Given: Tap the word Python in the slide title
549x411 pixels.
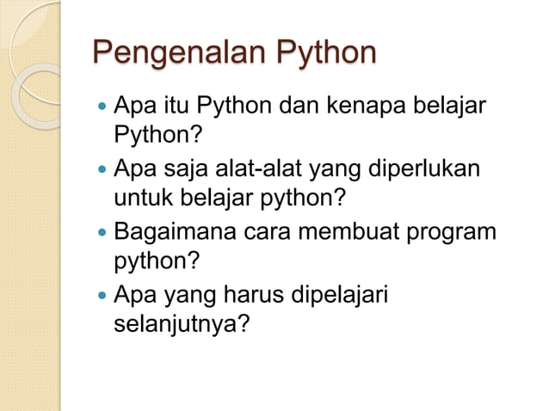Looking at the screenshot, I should (324, 52).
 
